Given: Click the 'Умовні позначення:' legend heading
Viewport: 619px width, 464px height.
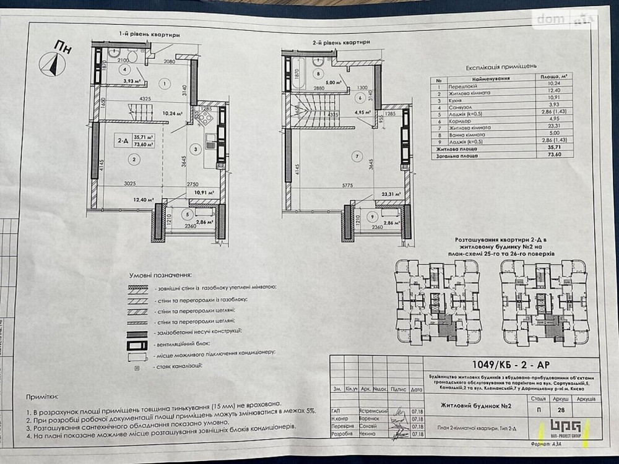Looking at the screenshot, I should coord(160,274).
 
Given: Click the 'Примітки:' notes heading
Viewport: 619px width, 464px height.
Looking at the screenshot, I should coord(43,395).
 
